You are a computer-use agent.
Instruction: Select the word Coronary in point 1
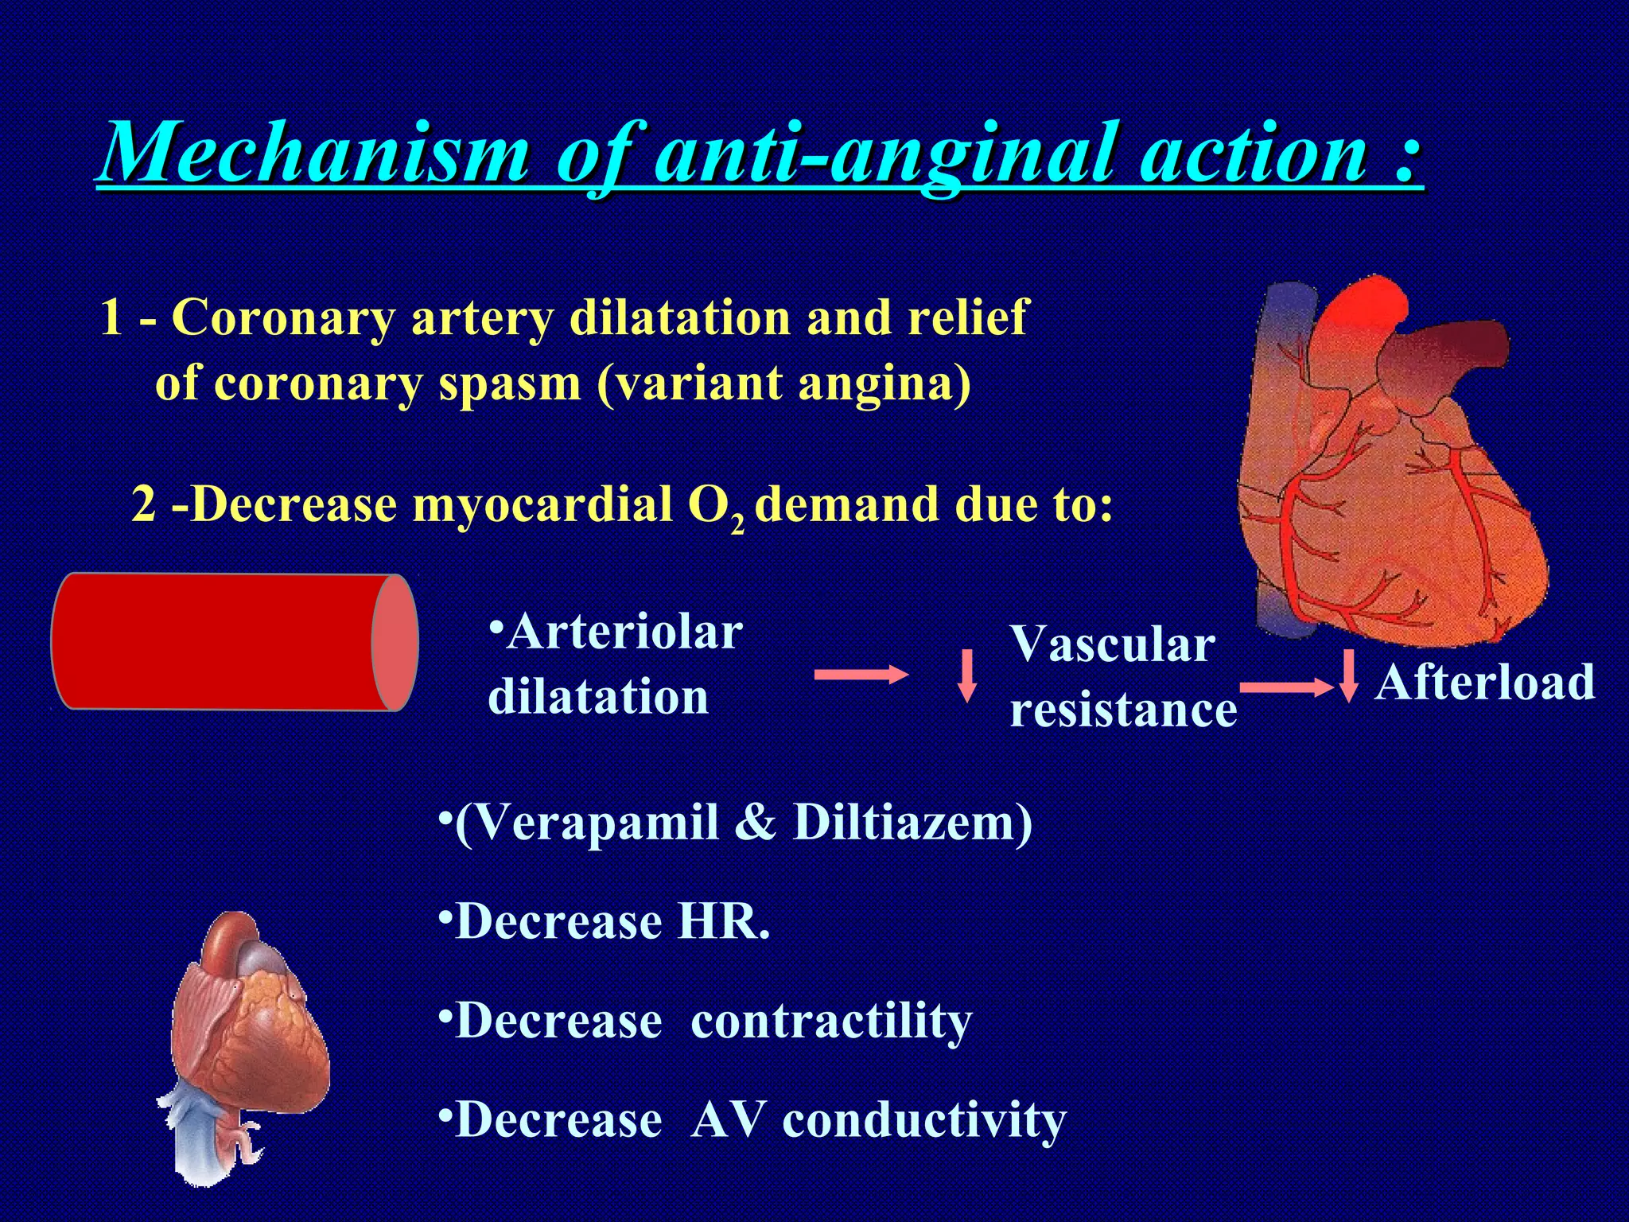[x=283, y=317]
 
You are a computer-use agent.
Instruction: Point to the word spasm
[x=510, y=383]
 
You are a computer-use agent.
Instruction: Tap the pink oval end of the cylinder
[x=395, y=642]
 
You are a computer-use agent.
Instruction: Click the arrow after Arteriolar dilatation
[x=861, y=675]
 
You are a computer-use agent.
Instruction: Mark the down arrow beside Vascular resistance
[x=967, y=675]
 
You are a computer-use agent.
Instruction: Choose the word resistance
[x=1123, y=709]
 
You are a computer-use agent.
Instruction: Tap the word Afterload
[x=1486, y=683]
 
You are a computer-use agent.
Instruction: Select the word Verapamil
[x=589, y=823]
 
